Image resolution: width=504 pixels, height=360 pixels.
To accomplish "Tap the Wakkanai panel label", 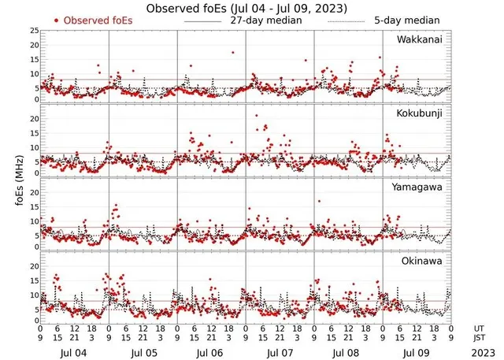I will click(419, 39).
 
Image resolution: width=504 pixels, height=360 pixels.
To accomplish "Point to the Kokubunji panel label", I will click(420, 114).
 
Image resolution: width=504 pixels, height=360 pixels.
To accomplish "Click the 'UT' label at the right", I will click(479, 328).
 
